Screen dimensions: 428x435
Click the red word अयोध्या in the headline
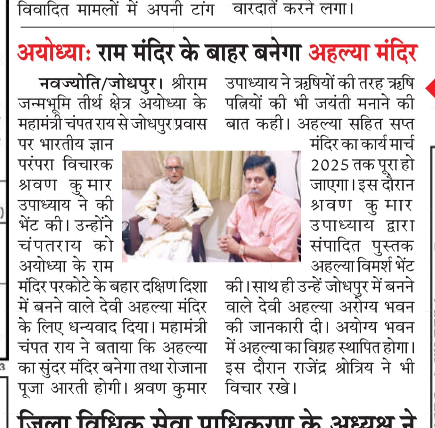(50, 53)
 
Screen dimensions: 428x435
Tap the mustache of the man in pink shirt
(254, 192)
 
